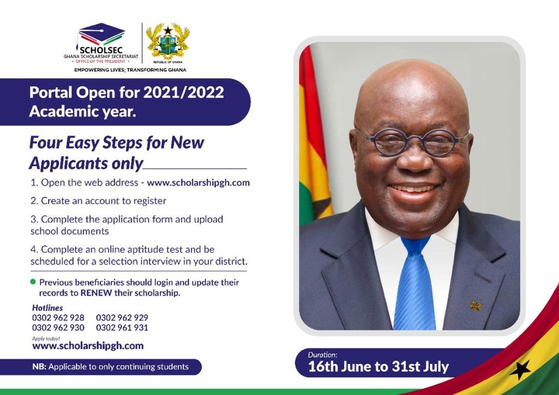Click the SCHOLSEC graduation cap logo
coord(101,34)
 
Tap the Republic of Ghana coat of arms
coord(168,42)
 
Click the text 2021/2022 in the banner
coord(183,92)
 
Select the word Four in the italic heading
coord(46,143)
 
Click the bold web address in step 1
coord(198,182)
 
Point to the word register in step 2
coord(150,201)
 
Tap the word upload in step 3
coord(209,219)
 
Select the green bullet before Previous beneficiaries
coord(33,281)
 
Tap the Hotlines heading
coord(47,308)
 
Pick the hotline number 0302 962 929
coord(122,317)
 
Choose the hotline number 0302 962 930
coord(58,328)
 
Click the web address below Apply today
coord(88,346)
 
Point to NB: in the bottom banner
coord(39,367)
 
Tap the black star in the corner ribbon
coord(520,370)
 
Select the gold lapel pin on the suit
coord(475,305)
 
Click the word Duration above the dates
coord(322,355)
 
